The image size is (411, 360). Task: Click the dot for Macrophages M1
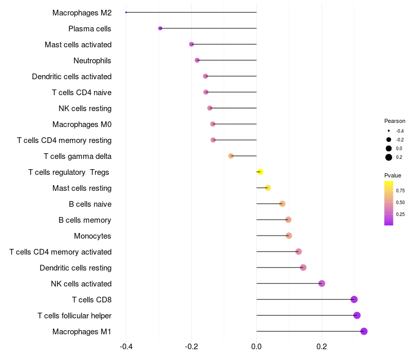click(x=364, y=331)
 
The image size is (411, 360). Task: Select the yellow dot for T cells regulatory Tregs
click(x=260, y=172)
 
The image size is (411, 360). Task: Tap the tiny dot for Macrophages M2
click(x=126, y=12)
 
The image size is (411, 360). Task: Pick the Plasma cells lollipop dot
click(x=160, y=28)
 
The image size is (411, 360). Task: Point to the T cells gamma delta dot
click(x=231, y=156)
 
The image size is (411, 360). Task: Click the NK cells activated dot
click(x=322, y=283)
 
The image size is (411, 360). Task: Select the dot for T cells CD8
click(x=353, y=299)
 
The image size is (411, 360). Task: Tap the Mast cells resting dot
click(x=268, y=188)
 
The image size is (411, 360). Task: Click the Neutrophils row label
click(x=92, y=61)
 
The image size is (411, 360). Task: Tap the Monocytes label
click(x=92, y=236)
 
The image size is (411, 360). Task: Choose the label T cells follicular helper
click(x=74, y=315)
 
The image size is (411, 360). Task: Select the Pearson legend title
click(x=395, y=121)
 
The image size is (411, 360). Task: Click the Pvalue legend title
click(x=393, y=175)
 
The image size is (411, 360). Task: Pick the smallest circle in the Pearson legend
click(x=389, y=131)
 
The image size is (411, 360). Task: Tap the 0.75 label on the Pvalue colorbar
click(x=400, y=190)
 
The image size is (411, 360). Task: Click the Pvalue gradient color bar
click(x=389, y=203)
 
